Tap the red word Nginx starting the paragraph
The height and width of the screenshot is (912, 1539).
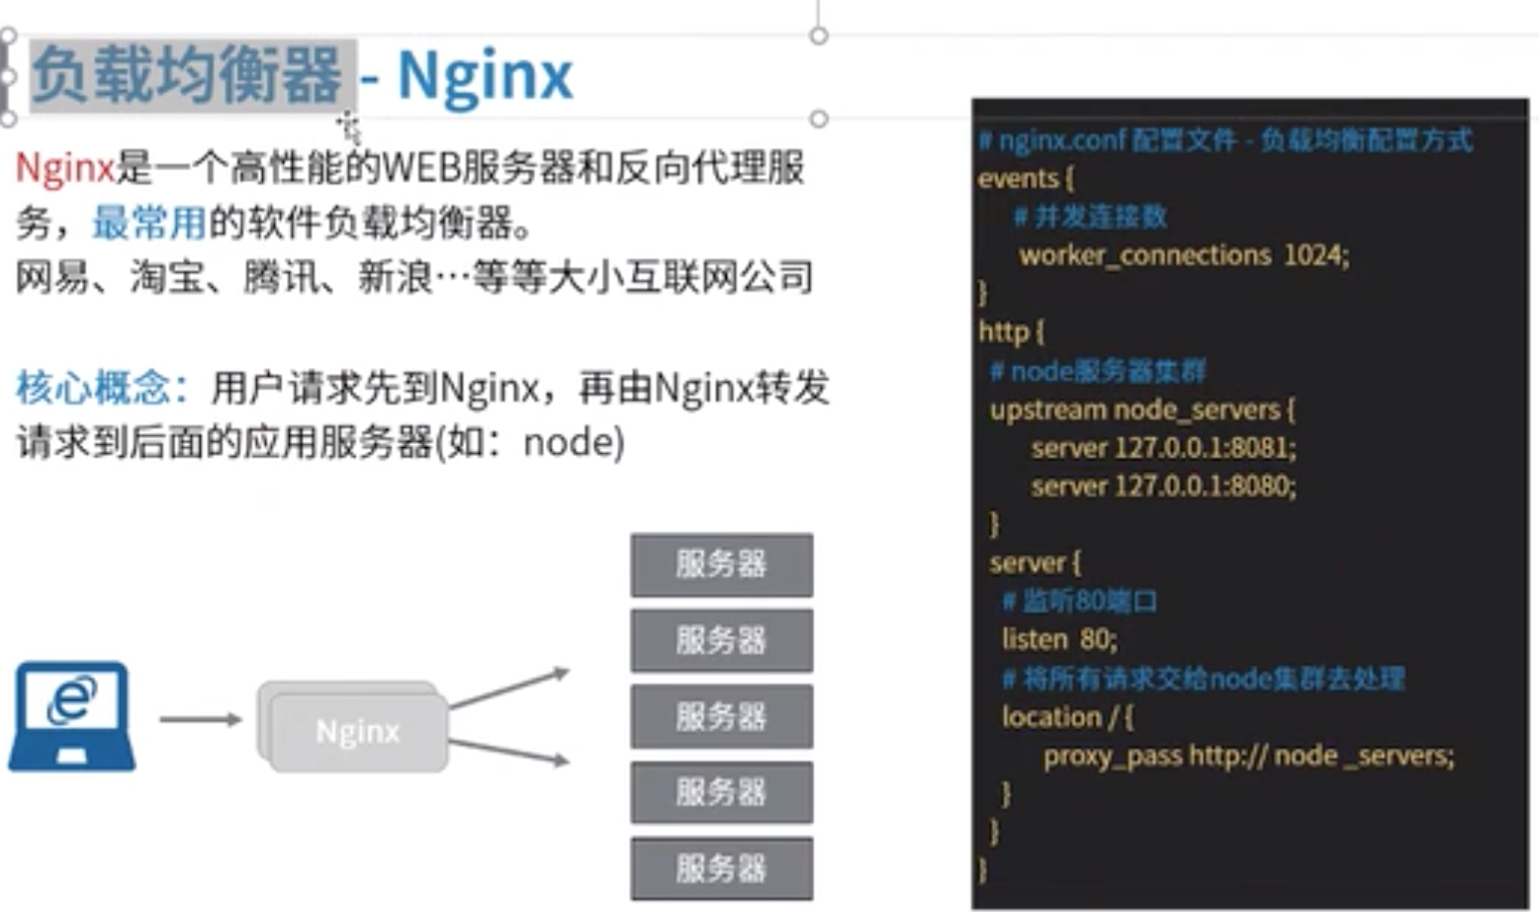coord(65,168)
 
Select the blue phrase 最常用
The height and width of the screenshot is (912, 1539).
coord(149,224)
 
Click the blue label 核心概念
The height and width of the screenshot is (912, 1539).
coord(94,388)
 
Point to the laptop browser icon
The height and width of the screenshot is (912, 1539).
coord(71,715)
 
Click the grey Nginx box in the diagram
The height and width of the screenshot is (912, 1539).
coord(357,731)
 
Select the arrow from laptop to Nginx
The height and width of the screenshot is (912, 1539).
coord(200,719)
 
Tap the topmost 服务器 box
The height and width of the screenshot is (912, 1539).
coord(721,565)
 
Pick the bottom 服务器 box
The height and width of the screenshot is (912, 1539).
coord(721,868)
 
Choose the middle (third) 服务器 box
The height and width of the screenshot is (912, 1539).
coord(721,716)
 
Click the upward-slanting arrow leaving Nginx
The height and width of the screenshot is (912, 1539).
coord(508,688)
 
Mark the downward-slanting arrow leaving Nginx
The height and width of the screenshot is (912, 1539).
coord(508,751)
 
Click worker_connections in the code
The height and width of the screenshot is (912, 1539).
coord(1144,255)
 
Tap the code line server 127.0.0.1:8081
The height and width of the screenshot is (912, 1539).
coord(1162,447)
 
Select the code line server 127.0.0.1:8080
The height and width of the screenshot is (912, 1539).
coord(1162,486)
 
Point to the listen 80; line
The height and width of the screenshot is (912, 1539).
coord(1058,639)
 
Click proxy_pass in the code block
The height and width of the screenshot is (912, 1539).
coord(1112,756)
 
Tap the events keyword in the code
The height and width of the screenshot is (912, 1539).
coord(1018,178)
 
